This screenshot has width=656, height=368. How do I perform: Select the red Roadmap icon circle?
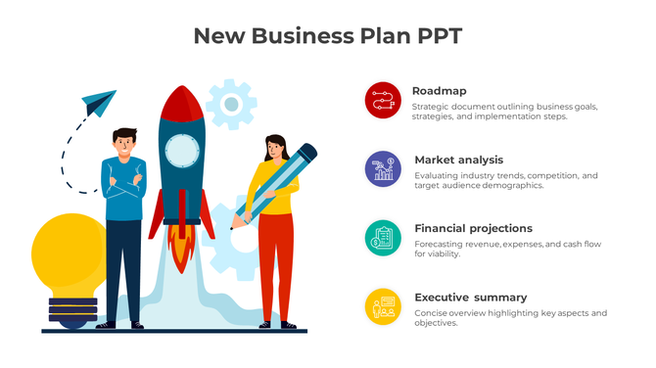[383, 100]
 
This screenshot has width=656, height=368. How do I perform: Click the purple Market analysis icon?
[383, 168]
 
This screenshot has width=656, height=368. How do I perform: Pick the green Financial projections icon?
[383, 238]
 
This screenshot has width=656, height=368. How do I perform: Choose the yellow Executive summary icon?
[383, 306]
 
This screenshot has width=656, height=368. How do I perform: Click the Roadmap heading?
[439, 91]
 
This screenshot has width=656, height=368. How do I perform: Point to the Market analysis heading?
[458, 160]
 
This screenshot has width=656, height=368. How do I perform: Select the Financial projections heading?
[473, 228]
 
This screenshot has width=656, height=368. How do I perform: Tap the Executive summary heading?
[470, 298]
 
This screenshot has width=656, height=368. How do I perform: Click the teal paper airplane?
[99, 101]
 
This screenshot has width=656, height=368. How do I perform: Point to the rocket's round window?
[181, 150]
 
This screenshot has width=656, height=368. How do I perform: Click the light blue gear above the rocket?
[231, 103]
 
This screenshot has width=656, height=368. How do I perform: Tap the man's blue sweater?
[123, 191]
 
